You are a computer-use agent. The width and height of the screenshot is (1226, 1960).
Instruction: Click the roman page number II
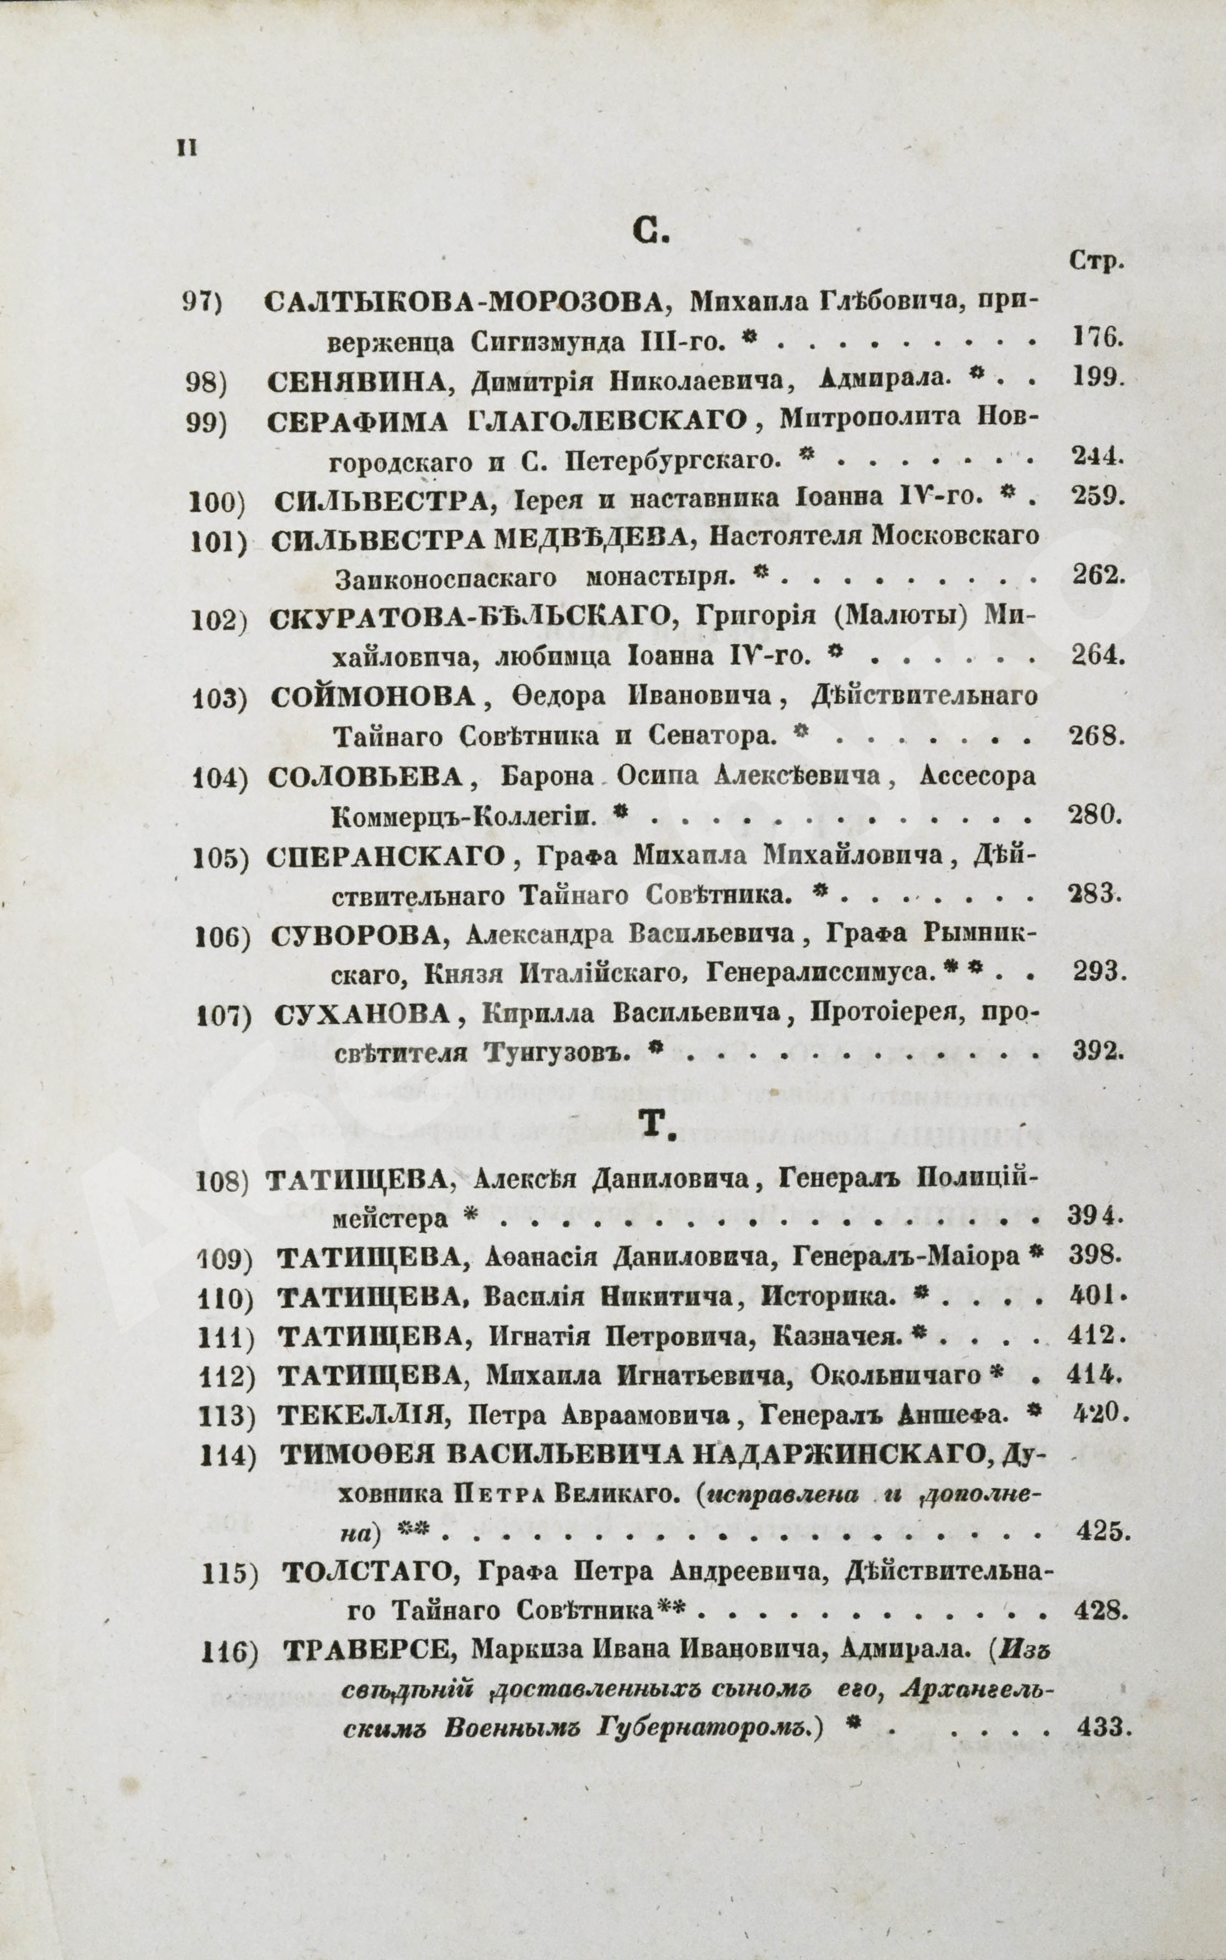coord(186,150)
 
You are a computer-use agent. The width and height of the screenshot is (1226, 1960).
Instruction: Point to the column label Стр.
coord(1095,260)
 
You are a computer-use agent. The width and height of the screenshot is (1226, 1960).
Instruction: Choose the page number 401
coord(1097,1296)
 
